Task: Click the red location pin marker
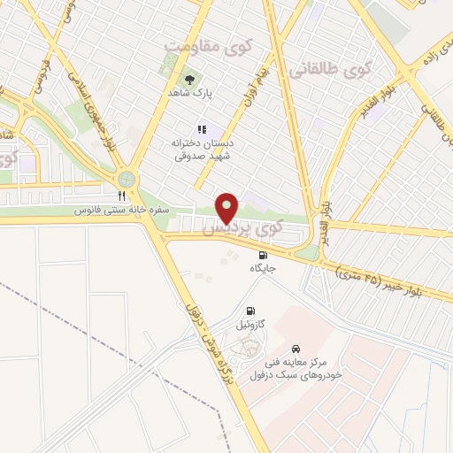(227, 208)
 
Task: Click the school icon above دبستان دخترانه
(202, 128)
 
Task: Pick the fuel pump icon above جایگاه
(263, 255)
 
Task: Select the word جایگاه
(263, 268)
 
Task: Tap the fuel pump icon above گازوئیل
(253, 311)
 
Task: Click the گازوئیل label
(253, 325)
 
